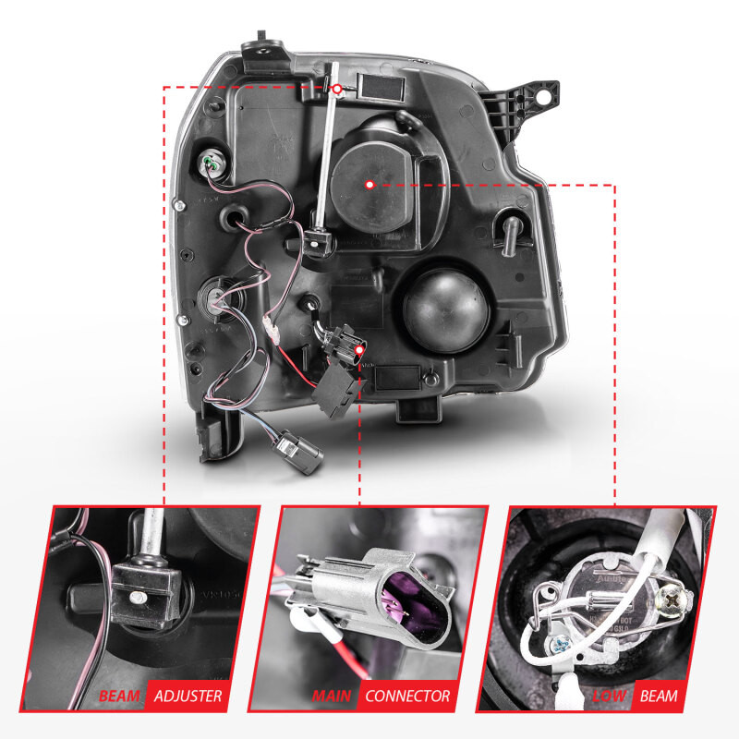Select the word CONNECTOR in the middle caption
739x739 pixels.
pyautogui.click(x=407, y=696)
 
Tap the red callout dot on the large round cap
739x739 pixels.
pyautogui.click(x=369, y=184)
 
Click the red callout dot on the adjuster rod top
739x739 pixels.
pyautogui.click(x=337, y=89)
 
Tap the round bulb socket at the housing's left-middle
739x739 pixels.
pyautogui.click(x=213, y=297)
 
